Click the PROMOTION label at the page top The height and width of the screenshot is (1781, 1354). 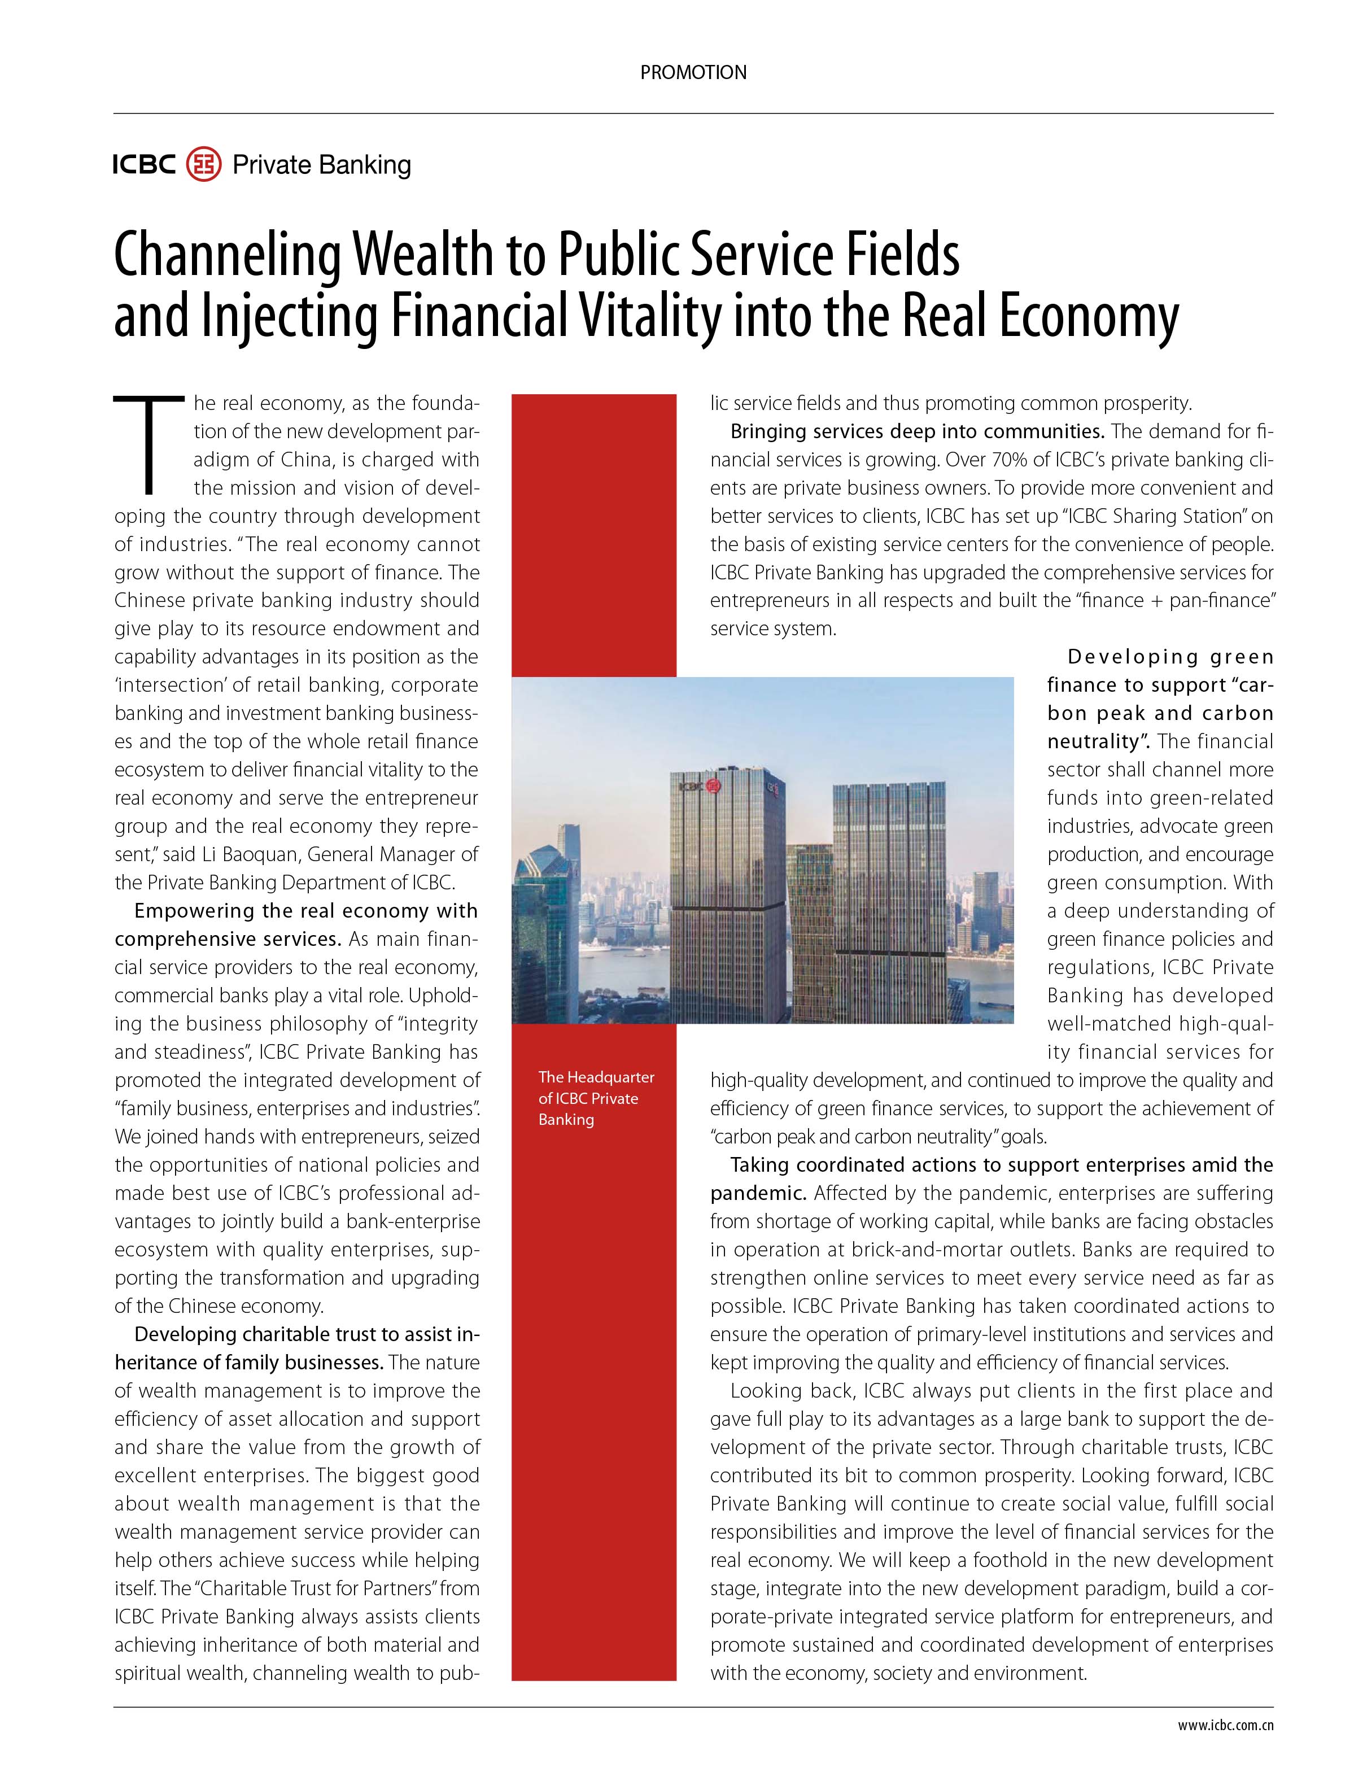tap(693, 72)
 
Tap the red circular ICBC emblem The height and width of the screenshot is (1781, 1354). tap(203, 164)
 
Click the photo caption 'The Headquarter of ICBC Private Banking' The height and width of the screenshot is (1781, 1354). tap(596, 1098)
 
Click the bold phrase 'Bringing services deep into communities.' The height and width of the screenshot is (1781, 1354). tap(917, 432)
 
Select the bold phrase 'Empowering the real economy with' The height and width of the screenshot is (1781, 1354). tap(306, 911)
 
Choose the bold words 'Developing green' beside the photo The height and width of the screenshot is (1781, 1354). tap(1170, 657)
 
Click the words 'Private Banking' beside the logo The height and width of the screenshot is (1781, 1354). tap(322, 165)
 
